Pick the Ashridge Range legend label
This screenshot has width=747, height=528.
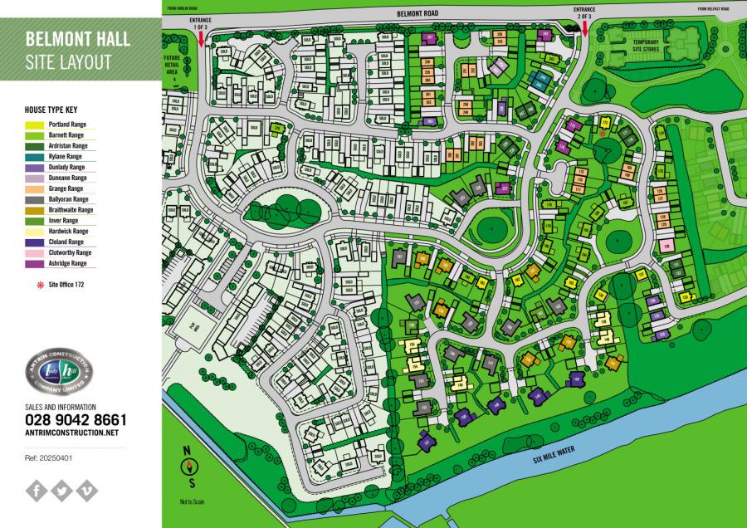click(x=67, y=263)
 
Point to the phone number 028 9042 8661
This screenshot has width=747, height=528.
click(x=76, y=420)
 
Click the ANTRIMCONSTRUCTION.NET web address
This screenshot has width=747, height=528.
click(x=72, y=433)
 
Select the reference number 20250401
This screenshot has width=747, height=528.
click(x=51, y=457)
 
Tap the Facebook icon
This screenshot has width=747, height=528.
click(x=37, y=491)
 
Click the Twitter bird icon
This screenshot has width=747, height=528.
click(x=61, y=491)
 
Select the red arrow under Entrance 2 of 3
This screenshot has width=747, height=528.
click(x=585, y=30)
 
